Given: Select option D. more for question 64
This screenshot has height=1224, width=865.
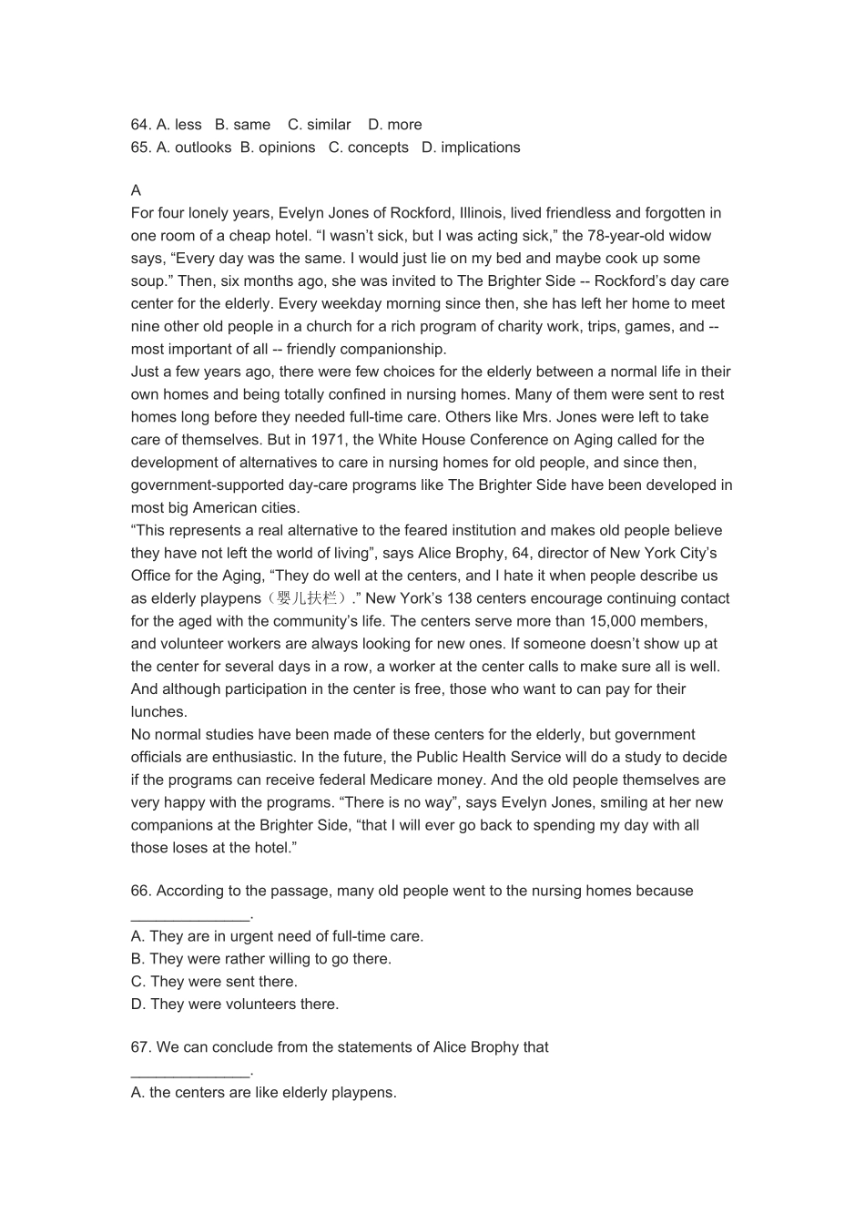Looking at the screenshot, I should pos(394,125).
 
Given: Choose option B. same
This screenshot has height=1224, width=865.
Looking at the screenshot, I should pos(242,125).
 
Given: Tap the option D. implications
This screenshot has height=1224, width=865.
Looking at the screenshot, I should pos(471,148).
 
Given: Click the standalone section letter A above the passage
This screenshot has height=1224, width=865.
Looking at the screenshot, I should pos(136,190).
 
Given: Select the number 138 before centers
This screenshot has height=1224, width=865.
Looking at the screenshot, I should pos(459,598).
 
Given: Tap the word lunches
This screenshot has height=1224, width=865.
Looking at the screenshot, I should pos(158,712).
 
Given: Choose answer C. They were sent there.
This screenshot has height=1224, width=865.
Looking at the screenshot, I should pos(214,982).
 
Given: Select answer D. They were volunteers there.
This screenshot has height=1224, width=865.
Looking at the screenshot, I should pos(234,1005).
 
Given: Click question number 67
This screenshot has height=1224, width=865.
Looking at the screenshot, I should pos(141,1047).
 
